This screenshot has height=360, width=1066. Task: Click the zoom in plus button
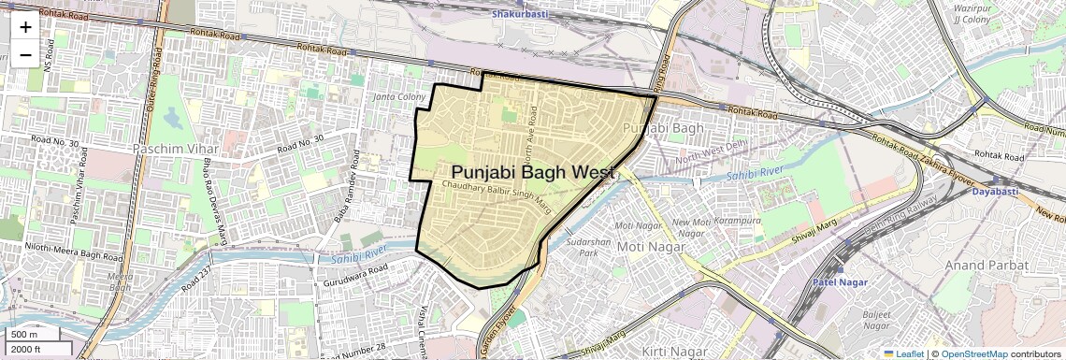(x=25, y=27)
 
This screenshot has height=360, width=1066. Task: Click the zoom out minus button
(x=25, y=55)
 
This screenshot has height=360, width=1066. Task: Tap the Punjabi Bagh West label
(x=532, y=173)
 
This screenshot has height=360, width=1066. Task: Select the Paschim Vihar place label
(x=176, y=149)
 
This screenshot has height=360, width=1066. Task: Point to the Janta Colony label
(x=399, y=97)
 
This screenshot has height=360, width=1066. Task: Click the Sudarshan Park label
(x=588, y=247)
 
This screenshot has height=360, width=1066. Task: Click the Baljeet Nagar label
(x=876, y=320)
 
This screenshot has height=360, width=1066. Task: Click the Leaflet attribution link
(x=903, y=353)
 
